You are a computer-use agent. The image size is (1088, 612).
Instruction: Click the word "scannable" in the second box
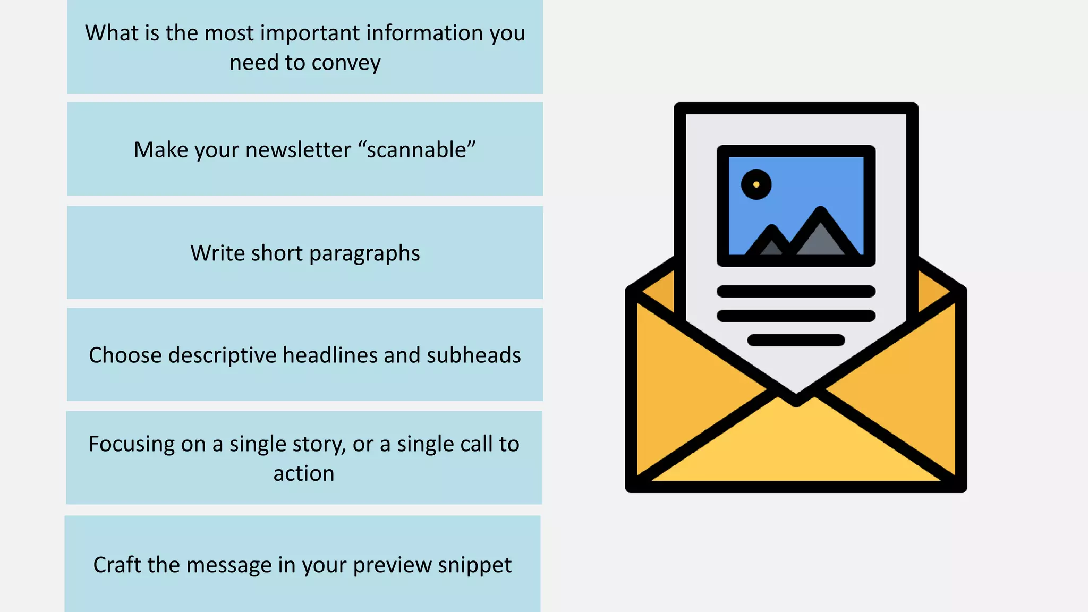point(416,150)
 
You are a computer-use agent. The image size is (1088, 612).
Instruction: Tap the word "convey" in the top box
point(346,63)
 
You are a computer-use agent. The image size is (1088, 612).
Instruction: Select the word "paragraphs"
point(364,253)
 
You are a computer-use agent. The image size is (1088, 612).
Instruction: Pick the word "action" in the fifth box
point(304,473)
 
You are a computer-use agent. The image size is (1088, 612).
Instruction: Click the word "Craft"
point(117,565)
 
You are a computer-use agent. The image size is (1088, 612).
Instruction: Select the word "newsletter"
point(298,150)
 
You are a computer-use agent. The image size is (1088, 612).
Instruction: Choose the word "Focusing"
point(131,444)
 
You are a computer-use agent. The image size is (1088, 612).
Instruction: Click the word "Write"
point(218,253)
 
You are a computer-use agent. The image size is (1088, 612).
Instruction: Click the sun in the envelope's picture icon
point(756,184)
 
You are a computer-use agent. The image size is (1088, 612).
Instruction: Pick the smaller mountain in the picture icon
point(771,243)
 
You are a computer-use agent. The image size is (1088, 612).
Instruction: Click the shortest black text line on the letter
point(796,340)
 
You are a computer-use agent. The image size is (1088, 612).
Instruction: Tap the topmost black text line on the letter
point(796,291)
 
